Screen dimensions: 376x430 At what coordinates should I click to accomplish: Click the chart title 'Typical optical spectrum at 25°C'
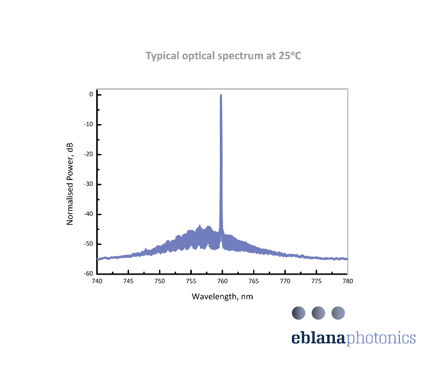point(224,56)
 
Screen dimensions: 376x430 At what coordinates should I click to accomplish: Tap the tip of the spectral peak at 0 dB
point(221,95)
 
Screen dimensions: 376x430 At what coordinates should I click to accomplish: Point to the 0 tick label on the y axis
point(91,95)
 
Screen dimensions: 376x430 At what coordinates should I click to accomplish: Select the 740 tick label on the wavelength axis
point(97,281)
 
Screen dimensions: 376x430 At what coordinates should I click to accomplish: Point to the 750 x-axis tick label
point(160,281)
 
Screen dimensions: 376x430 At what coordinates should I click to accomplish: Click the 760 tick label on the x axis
point(223,281)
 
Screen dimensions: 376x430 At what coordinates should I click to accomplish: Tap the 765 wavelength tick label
point(254,281)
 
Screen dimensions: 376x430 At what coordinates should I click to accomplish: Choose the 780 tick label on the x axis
point(348,281)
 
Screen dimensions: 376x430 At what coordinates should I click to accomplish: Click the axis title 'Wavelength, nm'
point(222,296)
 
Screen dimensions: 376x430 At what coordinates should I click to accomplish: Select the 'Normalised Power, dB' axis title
point(70,184)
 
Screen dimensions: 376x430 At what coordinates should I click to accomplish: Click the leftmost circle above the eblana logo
point(298,313)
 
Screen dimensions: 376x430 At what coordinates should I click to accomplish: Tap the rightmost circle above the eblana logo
point(338,313)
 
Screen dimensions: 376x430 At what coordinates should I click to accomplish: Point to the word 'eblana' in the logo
point(319,338)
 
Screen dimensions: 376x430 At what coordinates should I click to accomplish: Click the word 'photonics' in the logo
point(381,338)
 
